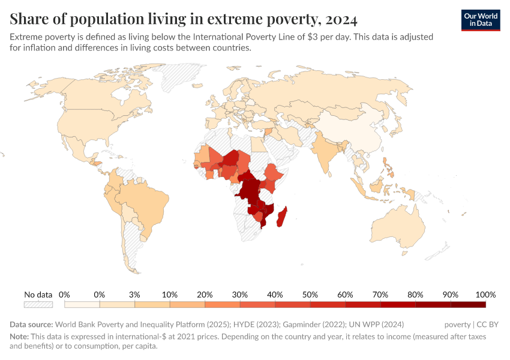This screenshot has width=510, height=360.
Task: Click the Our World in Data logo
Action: (480, 20)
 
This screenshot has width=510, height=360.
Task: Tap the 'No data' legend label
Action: (38, 295)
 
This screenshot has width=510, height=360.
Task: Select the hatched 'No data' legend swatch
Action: (38, 305)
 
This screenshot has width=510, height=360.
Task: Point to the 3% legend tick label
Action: (134, 295)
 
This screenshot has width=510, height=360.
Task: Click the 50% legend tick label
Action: (310, 295)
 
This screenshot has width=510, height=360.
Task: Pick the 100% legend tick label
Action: (485, 295)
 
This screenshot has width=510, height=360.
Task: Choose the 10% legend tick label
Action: (170, 295)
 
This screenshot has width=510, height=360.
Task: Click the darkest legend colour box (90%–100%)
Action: (468, 305)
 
